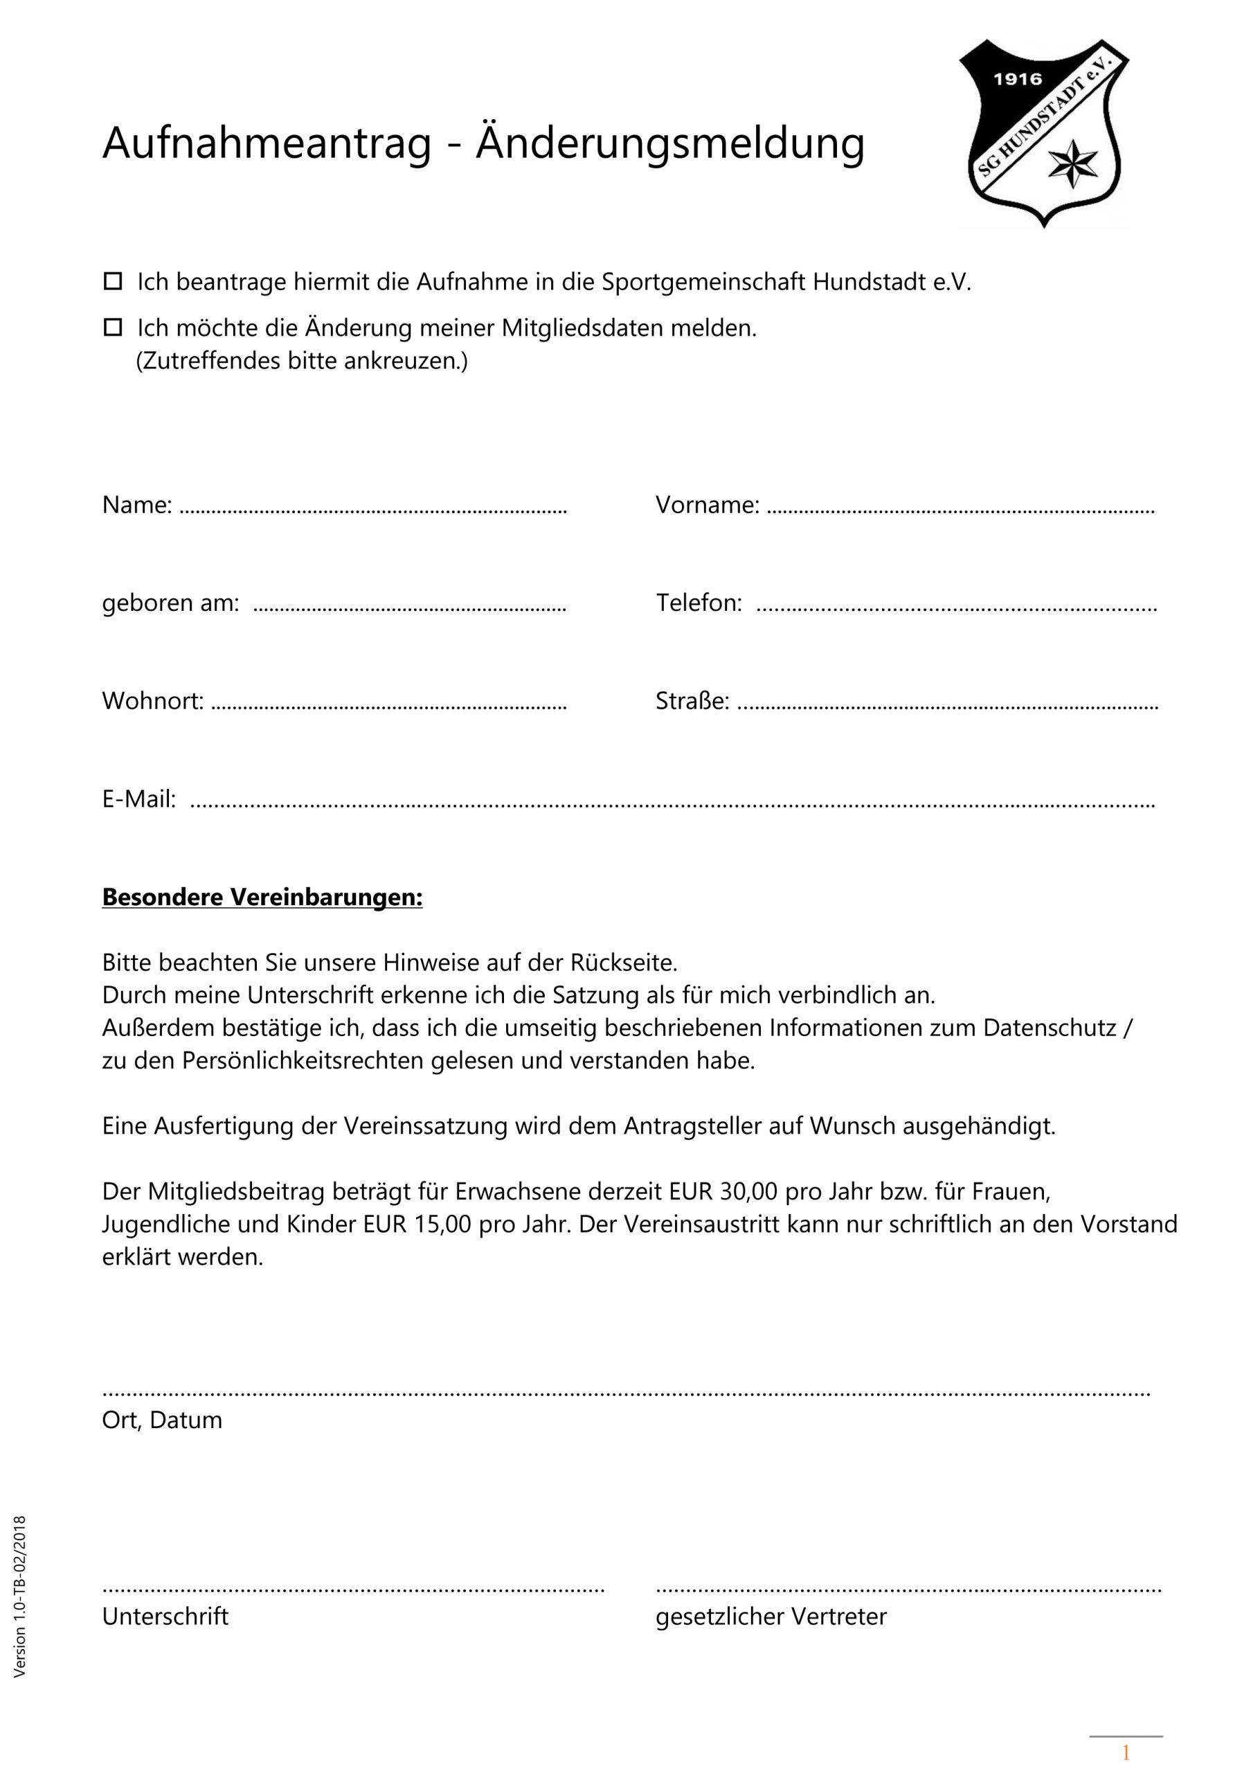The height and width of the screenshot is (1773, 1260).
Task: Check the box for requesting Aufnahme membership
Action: pos(114,281)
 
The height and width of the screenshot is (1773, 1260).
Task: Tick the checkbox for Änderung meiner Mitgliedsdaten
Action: pos(114,328)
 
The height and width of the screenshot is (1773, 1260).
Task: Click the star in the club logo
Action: pos(1073,163)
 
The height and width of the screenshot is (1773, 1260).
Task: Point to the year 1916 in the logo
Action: pos(1017,79)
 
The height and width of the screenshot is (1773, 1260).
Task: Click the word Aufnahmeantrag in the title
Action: pos(266,143)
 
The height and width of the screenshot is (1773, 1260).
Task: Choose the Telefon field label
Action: pos(699,603)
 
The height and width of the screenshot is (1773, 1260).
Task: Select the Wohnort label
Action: pos(153,702)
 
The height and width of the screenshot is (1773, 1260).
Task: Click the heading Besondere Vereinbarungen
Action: pos(262,898)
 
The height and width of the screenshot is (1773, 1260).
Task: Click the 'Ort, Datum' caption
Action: pos(162,1420)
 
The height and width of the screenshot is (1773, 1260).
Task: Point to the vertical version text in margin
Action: pos(20,1597)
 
